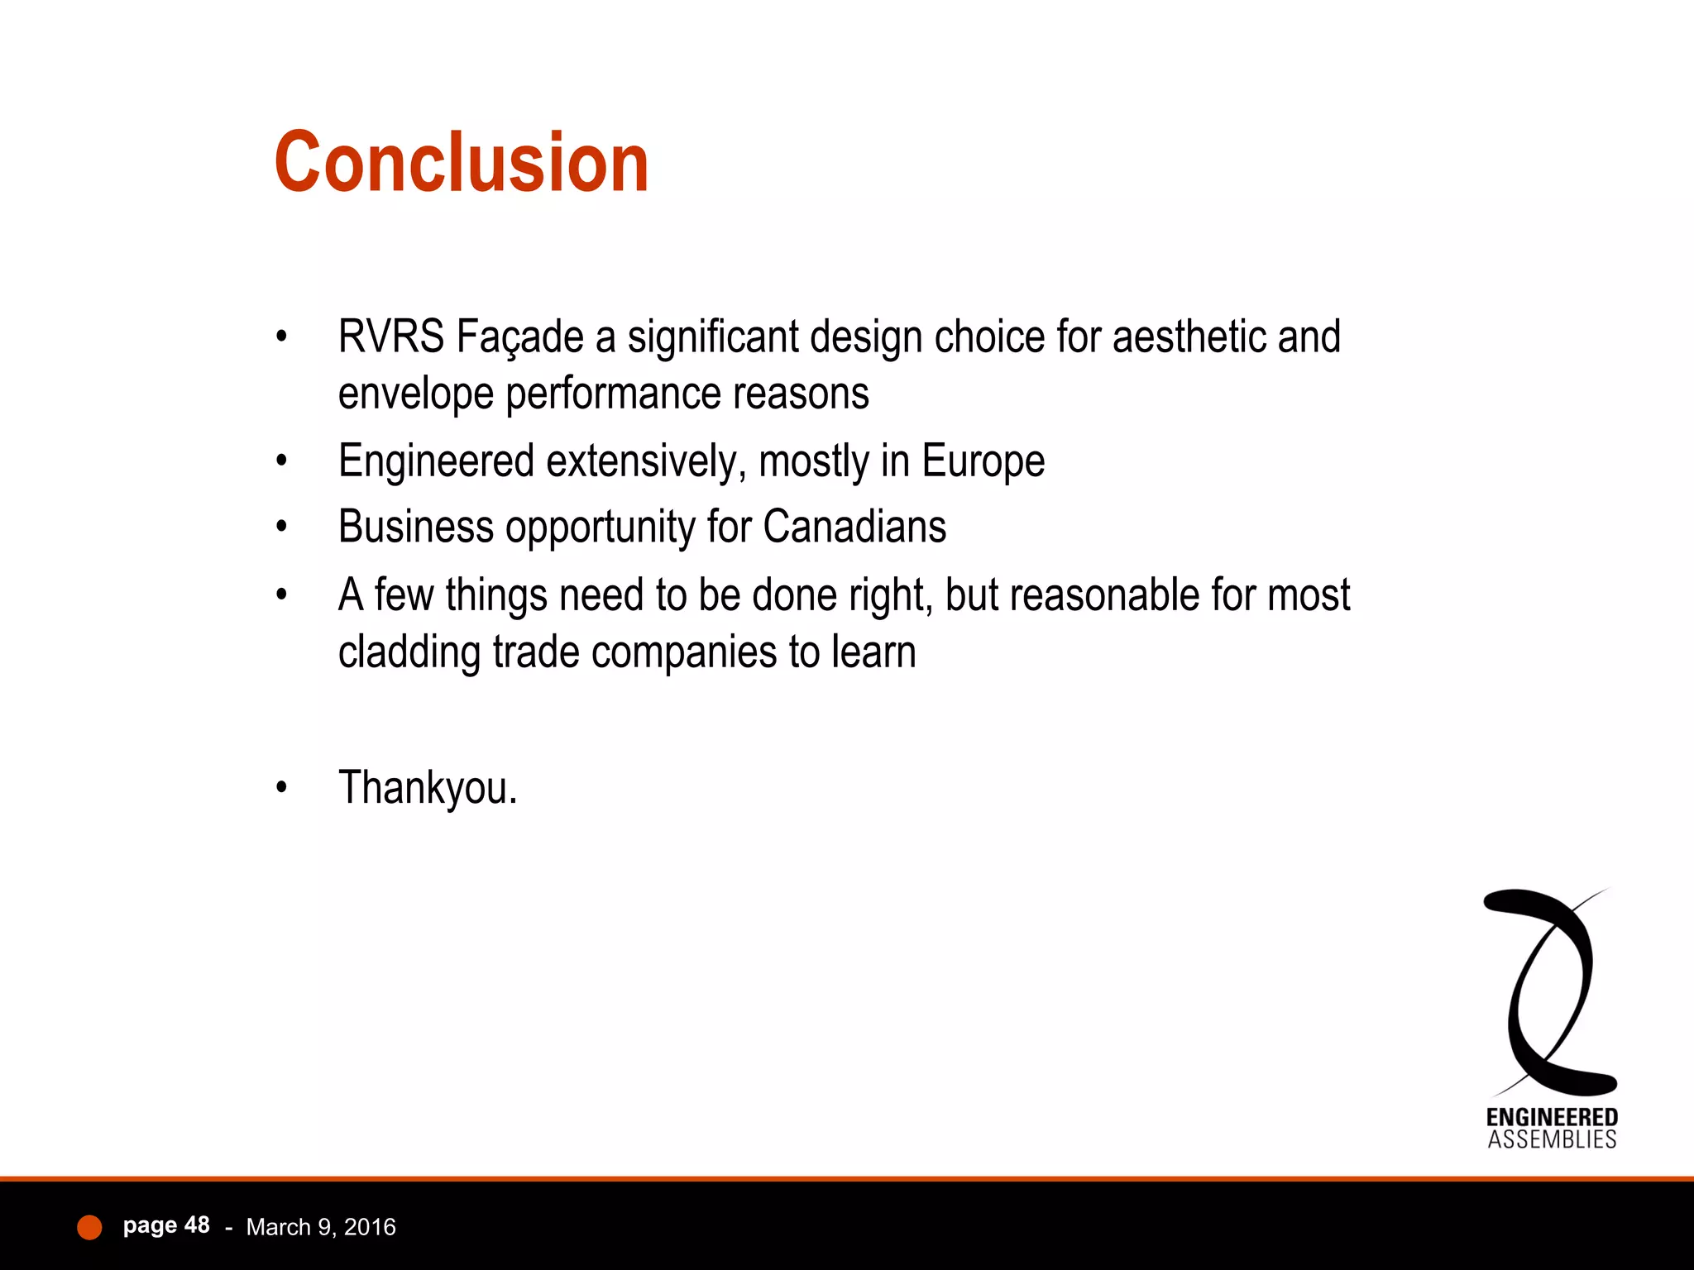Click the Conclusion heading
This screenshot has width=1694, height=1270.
coord(462,163)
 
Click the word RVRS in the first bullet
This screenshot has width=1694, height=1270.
coord(390,337)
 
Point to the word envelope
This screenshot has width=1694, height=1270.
coord(415,394)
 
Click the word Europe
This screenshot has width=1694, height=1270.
coord(983,462)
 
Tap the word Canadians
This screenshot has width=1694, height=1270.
coord(854,528)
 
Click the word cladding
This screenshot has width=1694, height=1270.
coord(409,652)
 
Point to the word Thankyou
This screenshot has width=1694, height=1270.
coord(428,787)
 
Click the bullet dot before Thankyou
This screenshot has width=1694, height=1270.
coord(282,788)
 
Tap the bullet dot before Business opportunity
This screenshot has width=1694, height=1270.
coord(282,528)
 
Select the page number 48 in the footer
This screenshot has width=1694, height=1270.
coord(197,1225)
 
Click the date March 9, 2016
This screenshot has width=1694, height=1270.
coord(321,1227)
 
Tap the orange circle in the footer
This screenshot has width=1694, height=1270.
coord(89,1227)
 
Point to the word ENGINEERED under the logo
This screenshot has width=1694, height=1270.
coord(1552,1118)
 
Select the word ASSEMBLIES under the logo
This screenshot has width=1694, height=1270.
coord(1552,1140)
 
